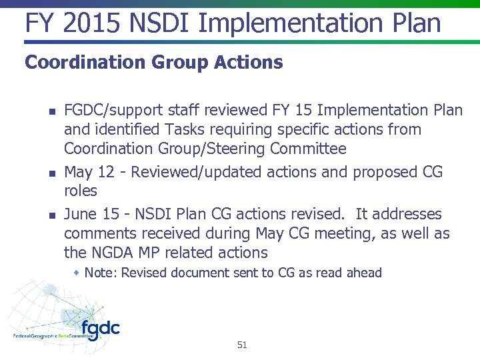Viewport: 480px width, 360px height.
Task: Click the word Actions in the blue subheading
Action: [x=249, y=63]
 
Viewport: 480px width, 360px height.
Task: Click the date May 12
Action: [x=89, y=172]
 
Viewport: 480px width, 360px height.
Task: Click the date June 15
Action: [x=91, y=214]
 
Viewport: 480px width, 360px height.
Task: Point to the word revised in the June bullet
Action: [x=317, y=214]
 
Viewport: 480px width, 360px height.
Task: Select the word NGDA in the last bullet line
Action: [x=111, y=253]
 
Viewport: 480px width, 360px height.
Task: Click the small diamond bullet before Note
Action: [x=77, y=273]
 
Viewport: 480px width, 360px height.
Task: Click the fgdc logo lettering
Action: [x=100, y=329]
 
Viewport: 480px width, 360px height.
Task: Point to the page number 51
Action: [x=241, y=345]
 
